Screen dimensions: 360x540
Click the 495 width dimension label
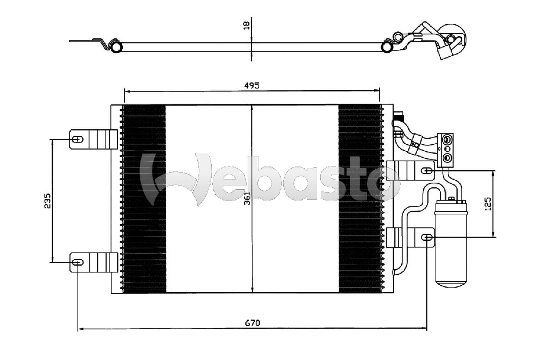252,86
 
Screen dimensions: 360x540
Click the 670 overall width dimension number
252,323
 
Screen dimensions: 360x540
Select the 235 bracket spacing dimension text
47,201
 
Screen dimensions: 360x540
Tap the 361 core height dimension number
248,198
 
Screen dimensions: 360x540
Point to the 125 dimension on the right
488,204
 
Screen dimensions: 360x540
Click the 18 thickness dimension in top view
247,25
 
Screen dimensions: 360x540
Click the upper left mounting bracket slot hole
78,139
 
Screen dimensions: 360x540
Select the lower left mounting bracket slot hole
78,262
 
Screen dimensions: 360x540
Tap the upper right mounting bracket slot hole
428,171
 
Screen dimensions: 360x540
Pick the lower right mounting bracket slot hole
427,238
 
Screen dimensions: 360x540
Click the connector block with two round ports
446,150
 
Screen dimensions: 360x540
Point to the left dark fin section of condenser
144,236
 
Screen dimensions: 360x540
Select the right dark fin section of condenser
359,236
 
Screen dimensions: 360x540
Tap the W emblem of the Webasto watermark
175,179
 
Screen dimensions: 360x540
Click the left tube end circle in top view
116,47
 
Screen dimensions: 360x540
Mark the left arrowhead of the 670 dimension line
80,328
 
